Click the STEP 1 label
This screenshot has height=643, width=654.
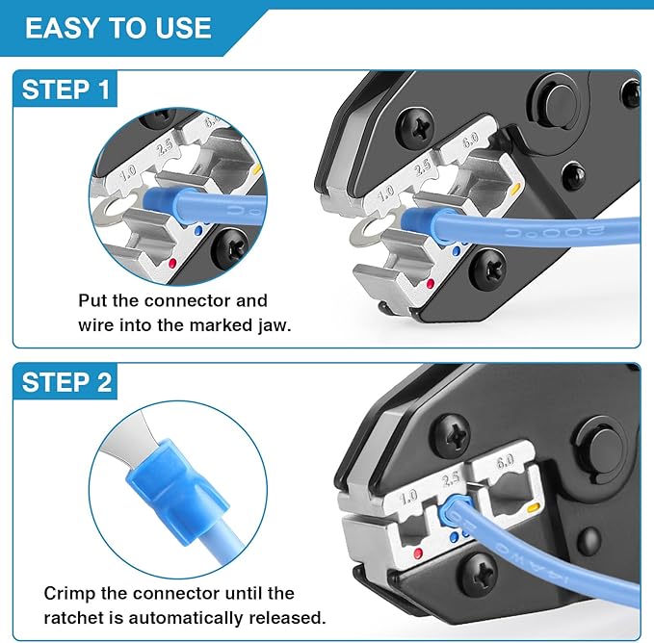point(66,91)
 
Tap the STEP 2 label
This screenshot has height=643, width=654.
point(66,382)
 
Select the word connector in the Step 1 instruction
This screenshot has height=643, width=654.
point(192,301)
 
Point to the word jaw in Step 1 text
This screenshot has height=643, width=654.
point(272,325)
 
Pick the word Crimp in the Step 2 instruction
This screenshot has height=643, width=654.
point(67,592)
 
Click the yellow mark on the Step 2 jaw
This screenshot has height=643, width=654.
point(532,505)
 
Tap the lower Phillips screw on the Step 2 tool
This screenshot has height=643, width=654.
point(478,574)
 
